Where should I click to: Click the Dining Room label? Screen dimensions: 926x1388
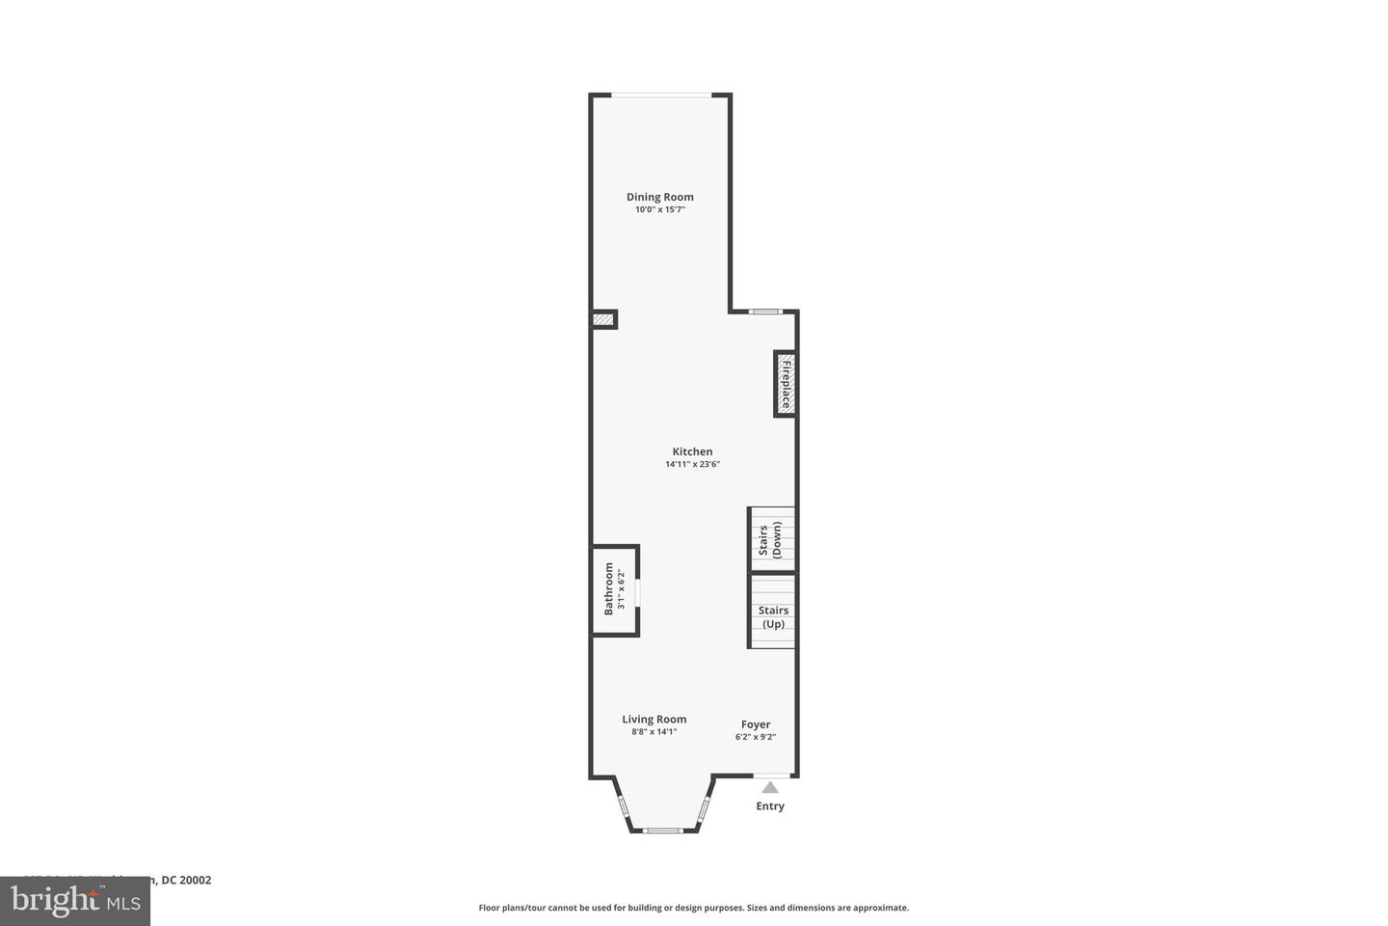click(659, 197)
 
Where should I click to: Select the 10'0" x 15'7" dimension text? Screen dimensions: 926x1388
click(659, 209)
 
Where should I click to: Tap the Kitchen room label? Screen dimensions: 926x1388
click(692, 451)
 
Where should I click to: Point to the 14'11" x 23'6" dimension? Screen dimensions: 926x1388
click(692, 464)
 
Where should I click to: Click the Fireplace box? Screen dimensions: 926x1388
click(785, 384)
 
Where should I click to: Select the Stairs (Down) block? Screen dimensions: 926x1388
click(771, 539)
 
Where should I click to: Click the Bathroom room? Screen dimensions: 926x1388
click(614, 589)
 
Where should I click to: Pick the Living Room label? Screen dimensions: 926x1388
click(654, 719)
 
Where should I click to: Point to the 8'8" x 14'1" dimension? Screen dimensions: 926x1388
click(654, 732)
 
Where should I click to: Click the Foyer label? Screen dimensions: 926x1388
click(755, 724)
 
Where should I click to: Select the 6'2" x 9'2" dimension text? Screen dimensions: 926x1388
click(755, 737)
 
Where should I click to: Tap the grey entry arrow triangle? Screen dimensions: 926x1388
click(770, 787)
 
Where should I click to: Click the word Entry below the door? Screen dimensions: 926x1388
click(769, 806)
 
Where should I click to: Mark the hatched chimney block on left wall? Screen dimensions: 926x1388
click(603, 319)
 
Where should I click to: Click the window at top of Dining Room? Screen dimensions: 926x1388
click(661, 95)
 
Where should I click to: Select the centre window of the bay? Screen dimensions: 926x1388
click(663, 830)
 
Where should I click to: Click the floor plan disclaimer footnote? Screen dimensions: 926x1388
click(693, 908)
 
